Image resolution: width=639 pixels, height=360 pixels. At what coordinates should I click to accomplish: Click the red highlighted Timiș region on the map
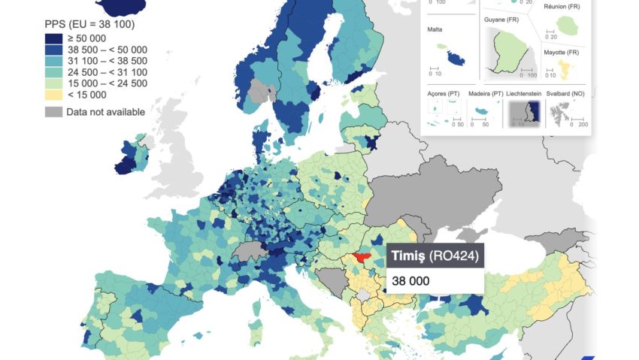click(361, 258)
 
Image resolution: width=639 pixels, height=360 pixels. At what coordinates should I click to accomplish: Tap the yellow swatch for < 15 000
click(54, 95)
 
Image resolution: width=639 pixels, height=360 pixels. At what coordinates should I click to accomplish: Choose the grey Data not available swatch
click(54, 112)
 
